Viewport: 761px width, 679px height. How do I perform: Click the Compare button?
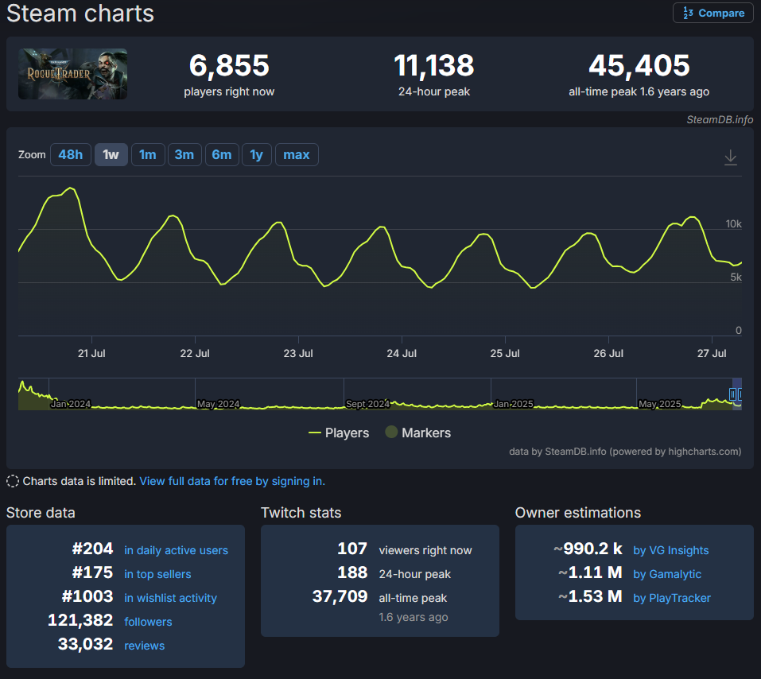[x=713, y=13]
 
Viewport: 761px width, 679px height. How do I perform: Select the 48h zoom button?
[x=70, y=154]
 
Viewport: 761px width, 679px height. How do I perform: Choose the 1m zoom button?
[x=147, y=154]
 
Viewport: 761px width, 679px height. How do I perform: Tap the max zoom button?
[x=296, y=154]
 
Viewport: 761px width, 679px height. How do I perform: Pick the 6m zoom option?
[x=221, y=154]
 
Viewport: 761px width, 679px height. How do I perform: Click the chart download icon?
[x=731, y=157]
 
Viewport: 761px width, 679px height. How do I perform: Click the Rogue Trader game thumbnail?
[x=72, y=74]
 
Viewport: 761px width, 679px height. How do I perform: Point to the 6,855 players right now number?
[x=229, y=65]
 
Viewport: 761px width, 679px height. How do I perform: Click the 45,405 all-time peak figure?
[x=639, y=65]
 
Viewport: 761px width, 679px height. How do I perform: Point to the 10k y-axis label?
[x=733, y=224]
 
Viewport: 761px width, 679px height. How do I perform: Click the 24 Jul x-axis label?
[x=402, y=353]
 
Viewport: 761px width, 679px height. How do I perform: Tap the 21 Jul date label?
[x=91, y=353]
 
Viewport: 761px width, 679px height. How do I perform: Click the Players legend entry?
[x=339, y=433]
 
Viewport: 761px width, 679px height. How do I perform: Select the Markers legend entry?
[x=417, y=433]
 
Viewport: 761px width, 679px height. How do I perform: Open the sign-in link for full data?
[x=232, y=481]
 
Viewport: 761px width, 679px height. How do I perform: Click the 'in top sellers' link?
[x=157, y=574]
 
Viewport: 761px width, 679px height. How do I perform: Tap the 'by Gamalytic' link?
[x=666, y=574]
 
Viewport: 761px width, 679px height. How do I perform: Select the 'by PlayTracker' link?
[x=671, y=598]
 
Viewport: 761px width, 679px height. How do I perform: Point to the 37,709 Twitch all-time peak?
[x=340, y=596]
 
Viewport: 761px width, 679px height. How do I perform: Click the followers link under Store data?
[x=148, y=622]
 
